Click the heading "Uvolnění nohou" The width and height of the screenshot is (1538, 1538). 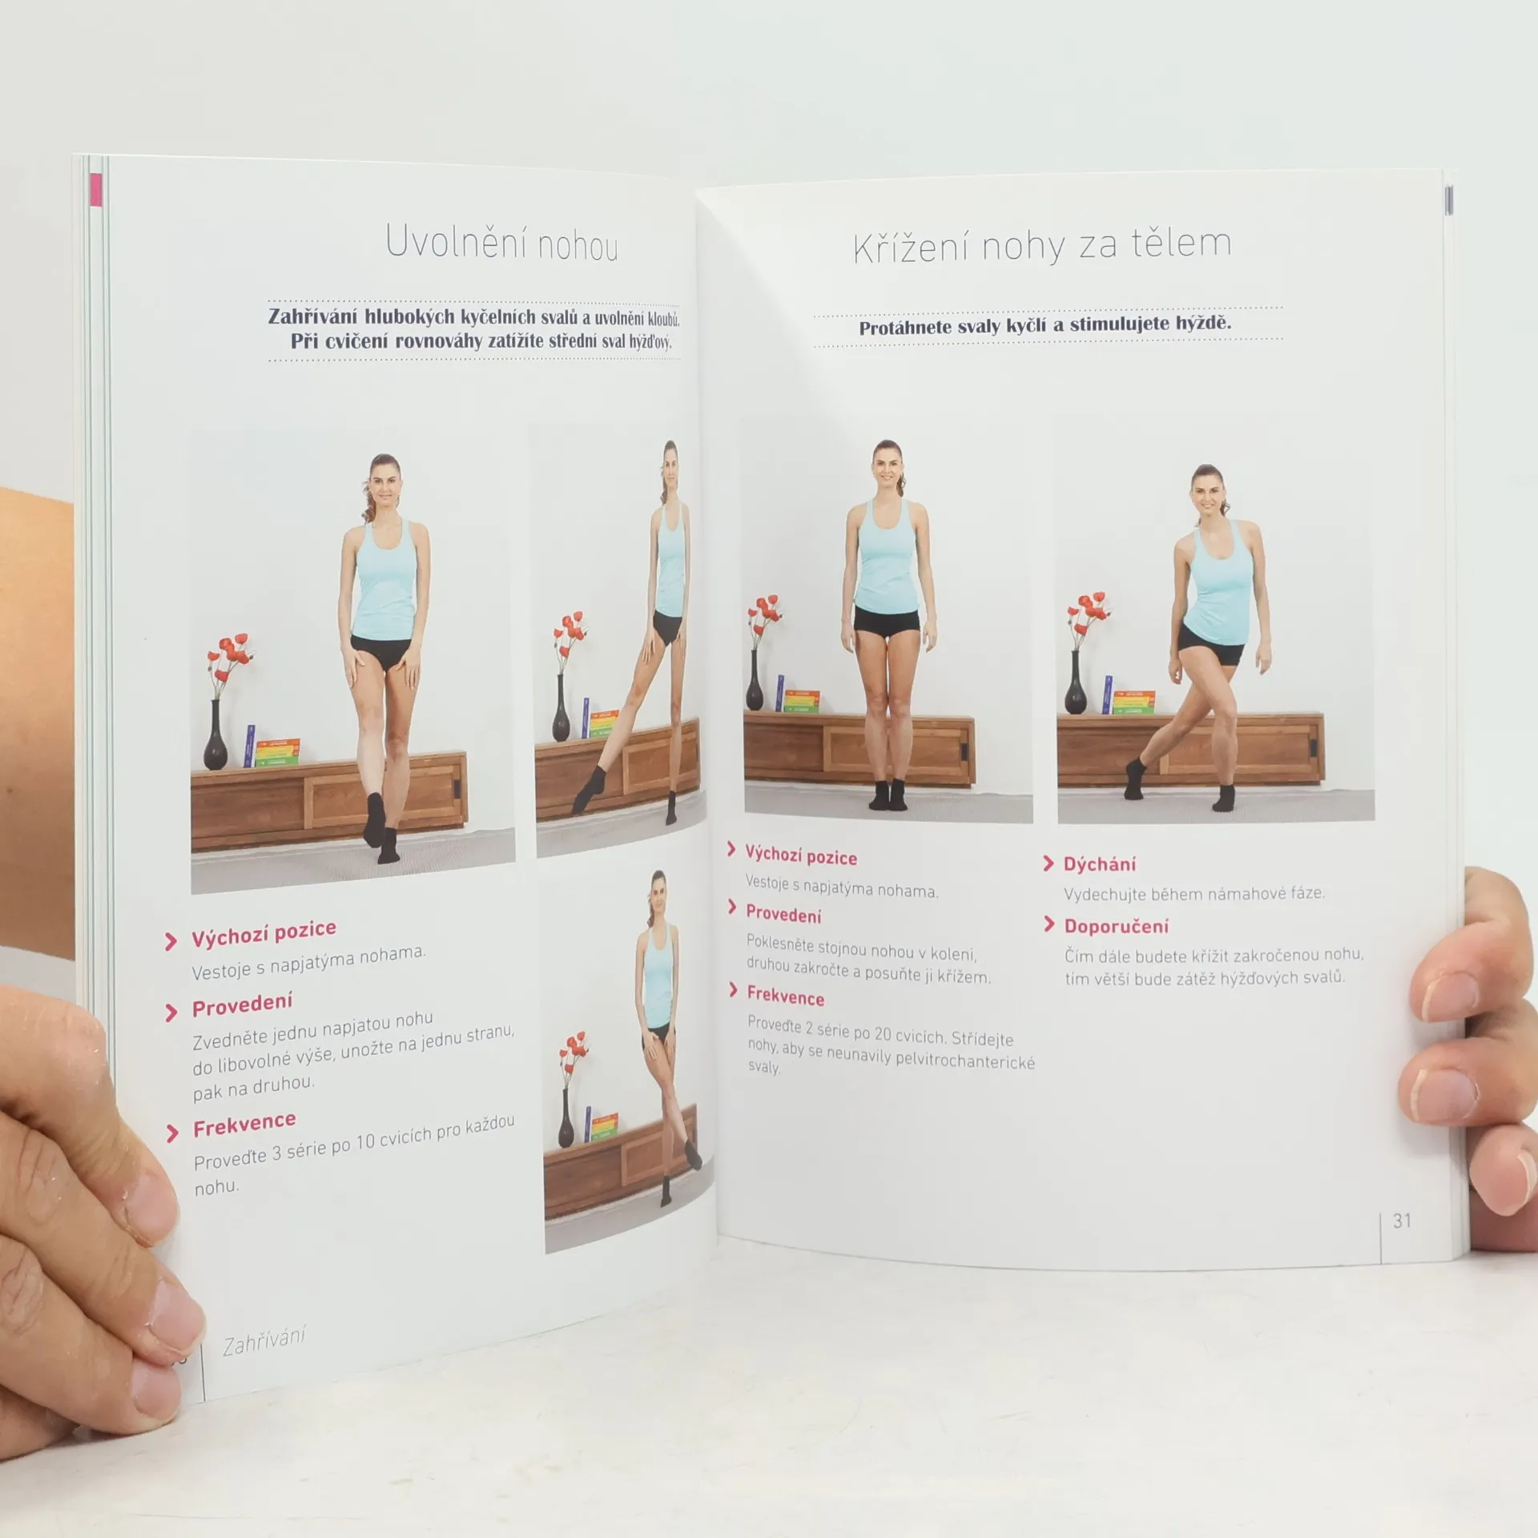501,242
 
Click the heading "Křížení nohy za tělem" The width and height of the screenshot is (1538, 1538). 1042,245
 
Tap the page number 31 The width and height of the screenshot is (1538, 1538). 1402,1220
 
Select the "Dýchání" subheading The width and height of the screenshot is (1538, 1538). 1099,864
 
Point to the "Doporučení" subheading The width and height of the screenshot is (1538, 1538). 1116,927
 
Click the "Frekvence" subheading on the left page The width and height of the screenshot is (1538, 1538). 244,1125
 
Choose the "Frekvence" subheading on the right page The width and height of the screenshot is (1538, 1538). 785,996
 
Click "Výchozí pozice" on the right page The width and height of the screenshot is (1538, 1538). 801,856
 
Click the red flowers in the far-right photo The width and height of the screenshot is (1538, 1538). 1089,618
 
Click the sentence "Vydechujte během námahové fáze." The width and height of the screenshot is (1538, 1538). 1194,894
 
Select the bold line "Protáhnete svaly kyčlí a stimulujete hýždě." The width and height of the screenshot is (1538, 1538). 1045,325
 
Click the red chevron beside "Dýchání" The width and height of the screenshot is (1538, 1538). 1049,864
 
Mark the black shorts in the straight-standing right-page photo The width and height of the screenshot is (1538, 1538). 888,622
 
